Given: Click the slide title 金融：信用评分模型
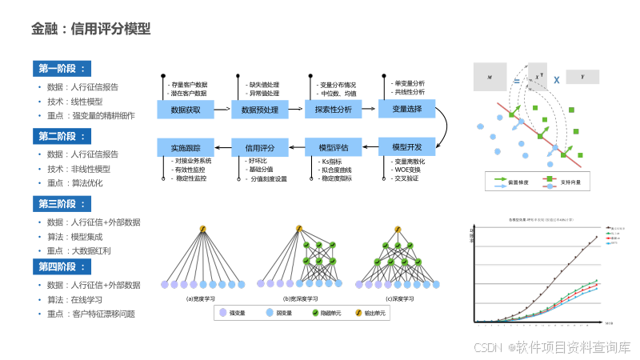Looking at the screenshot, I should pyautogui.click(x=91, y=30).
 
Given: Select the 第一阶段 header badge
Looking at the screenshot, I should pyautogui.click(x=62, y=68).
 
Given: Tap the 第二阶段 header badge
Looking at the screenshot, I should pyautogui.click(x=62, y=134).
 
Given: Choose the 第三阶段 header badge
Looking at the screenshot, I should pyautogui.click(x=62, y=202).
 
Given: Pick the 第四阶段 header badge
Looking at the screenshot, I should pyautogui.click(x=62, y=266).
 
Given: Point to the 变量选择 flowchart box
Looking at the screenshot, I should pyautogui.click(x=406, y=109).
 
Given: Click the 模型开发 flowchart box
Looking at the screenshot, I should pyautogui.click(x=406, y=147).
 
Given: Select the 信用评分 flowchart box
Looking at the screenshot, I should pyautogui.click(x=259, y=147).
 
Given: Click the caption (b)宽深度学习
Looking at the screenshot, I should pyautogui.click(x=300, y=298).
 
